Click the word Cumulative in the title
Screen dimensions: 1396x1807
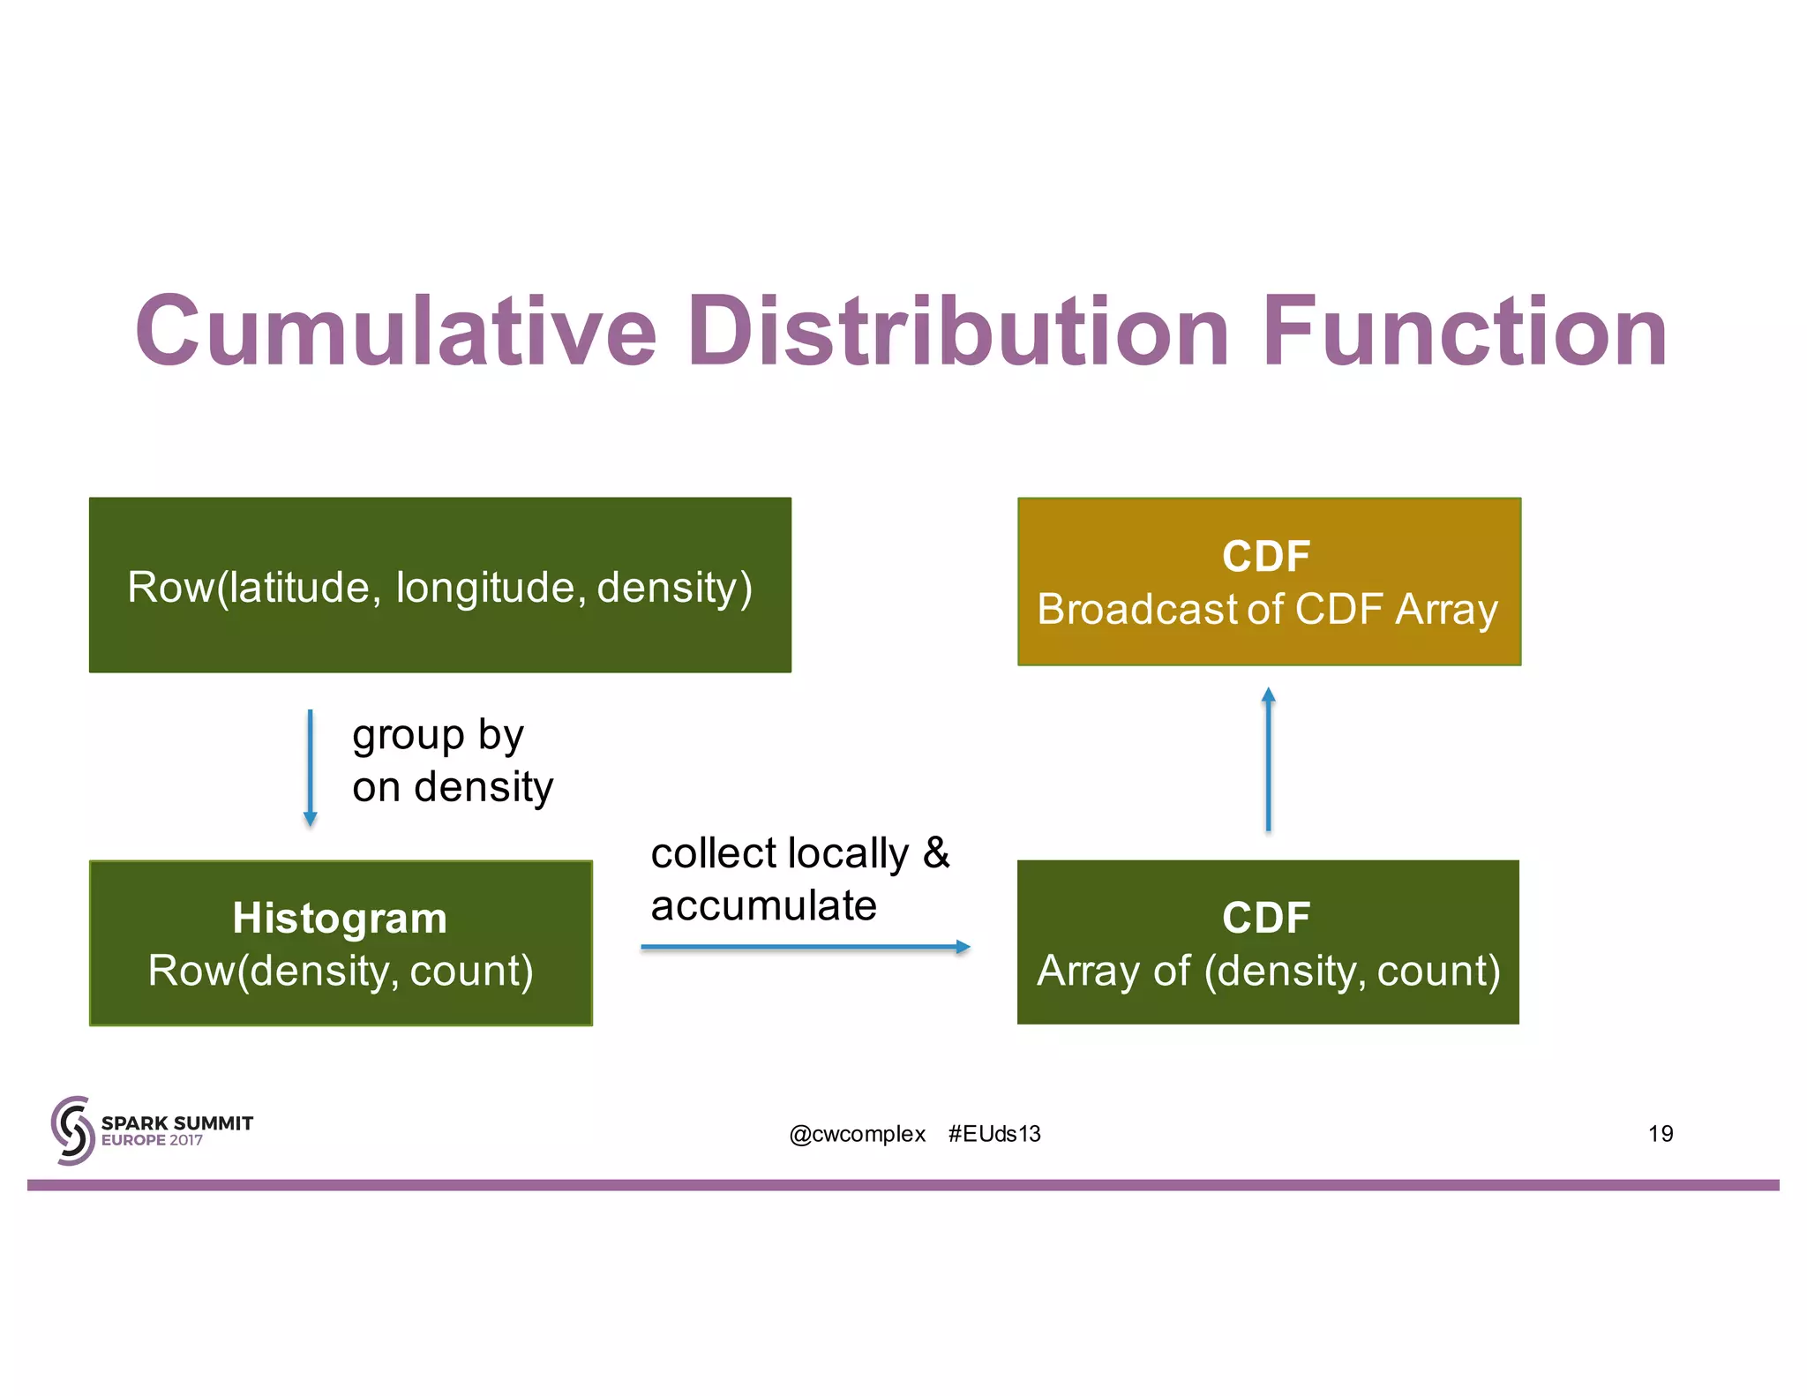coord(395,332)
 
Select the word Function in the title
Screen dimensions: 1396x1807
coord(1465,332)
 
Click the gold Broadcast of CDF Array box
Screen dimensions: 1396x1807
coord(1268,582)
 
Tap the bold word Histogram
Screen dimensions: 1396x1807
coord(340,918)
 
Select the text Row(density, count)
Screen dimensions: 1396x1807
coord(341,971)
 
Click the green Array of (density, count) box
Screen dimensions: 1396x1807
coord(1268,942)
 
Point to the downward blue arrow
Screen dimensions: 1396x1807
coord(310,768)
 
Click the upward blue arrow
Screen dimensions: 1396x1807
coord(1268,759)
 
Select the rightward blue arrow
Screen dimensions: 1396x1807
coord(805,947)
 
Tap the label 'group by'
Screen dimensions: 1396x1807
coord(438,735)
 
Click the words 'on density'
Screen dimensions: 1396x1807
coord(453,787)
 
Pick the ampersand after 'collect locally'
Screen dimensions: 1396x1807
coord(935,853)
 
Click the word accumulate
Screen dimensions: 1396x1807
coord(763,906)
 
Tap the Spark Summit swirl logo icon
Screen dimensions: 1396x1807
coord(72,1130)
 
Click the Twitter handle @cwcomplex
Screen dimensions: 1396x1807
coord(857,1134)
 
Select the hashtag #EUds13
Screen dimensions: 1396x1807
coord(994,1134)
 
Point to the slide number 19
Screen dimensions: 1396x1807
coord(1660,1134)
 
